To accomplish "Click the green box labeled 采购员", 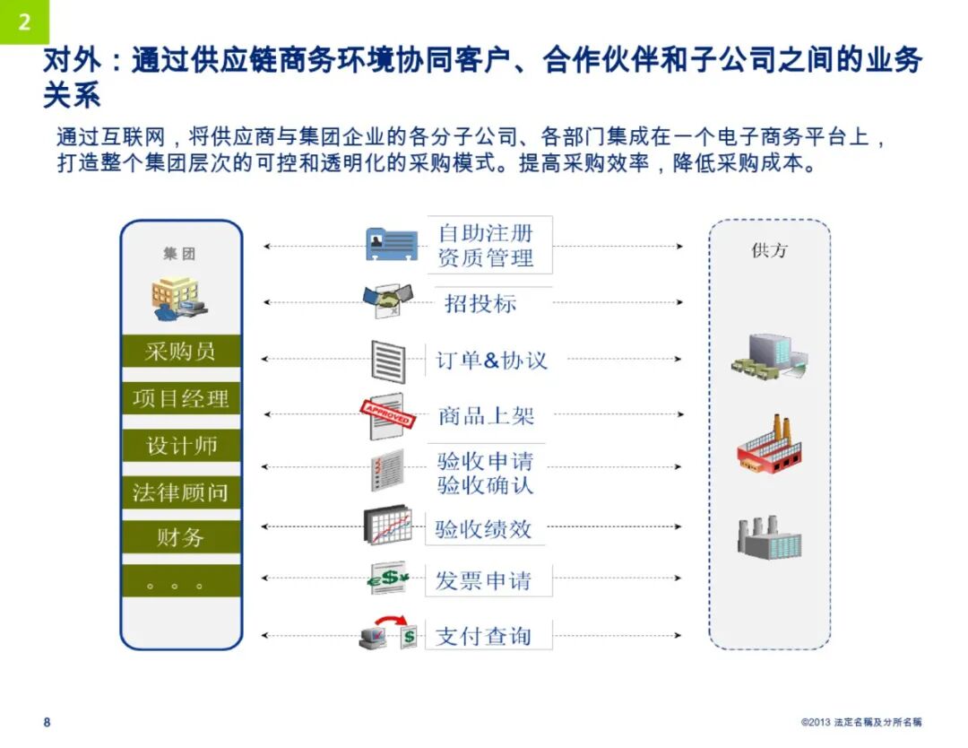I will pos(181,352).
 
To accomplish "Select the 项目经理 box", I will pos(181,398).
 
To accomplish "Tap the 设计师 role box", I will pos(181,446).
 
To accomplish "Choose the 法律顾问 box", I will pos(181,492).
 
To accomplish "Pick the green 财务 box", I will pos(181,538).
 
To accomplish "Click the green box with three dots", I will pos(181,583).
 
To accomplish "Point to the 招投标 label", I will pos(480,304).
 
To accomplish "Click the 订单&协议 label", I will pos(491,361).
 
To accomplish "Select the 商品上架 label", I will pos(486,416).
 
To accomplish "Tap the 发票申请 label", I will pos(483,581).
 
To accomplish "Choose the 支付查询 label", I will pos(483,637).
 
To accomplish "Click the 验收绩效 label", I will pos(483,529).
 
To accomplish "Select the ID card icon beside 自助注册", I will pos(392,244).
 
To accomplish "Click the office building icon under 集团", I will pos(179,299).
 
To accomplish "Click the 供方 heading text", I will pos(768,251).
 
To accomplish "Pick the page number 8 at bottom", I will pos(48,722).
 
